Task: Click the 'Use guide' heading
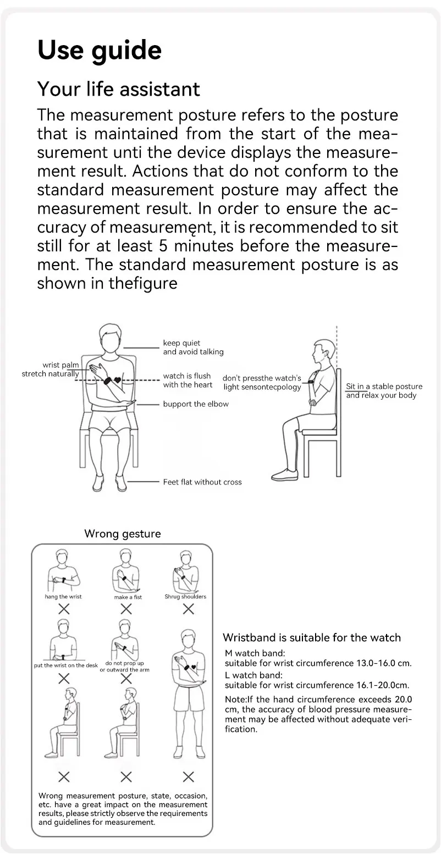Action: click(x=100, y=51)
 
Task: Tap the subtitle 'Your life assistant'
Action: click(x=118, y=89)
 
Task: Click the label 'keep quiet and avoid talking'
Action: click(x=193, y=348)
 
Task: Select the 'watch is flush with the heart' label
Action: click(x=188, y=381)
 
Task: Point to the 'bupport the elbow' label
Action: click(x=196, y=404)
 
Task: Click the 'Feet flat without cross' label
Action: click(x=202, y=482)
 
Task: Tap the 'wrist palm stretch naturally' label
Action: click(x=51, y=370)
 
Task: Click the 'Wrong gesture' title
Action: click(x=122, y=533)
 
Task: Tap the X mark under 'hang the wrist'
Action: click(x=64, y=609)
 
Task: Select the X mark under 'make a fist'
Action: click(x=126, y=609)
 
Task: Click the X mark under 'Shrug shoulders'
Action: click(x=188, y=609)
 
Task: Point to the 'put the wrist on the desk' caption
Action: click(x=65, y=665)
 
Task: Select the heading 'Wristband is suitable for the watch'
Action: click(x=312, y=638)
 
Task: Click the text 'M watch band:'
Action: click(x=255, y=653)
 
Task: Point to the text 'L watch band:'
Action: click(x=253, y=675)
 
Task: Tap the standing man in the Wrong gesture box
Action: click(x=188, y=696)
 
